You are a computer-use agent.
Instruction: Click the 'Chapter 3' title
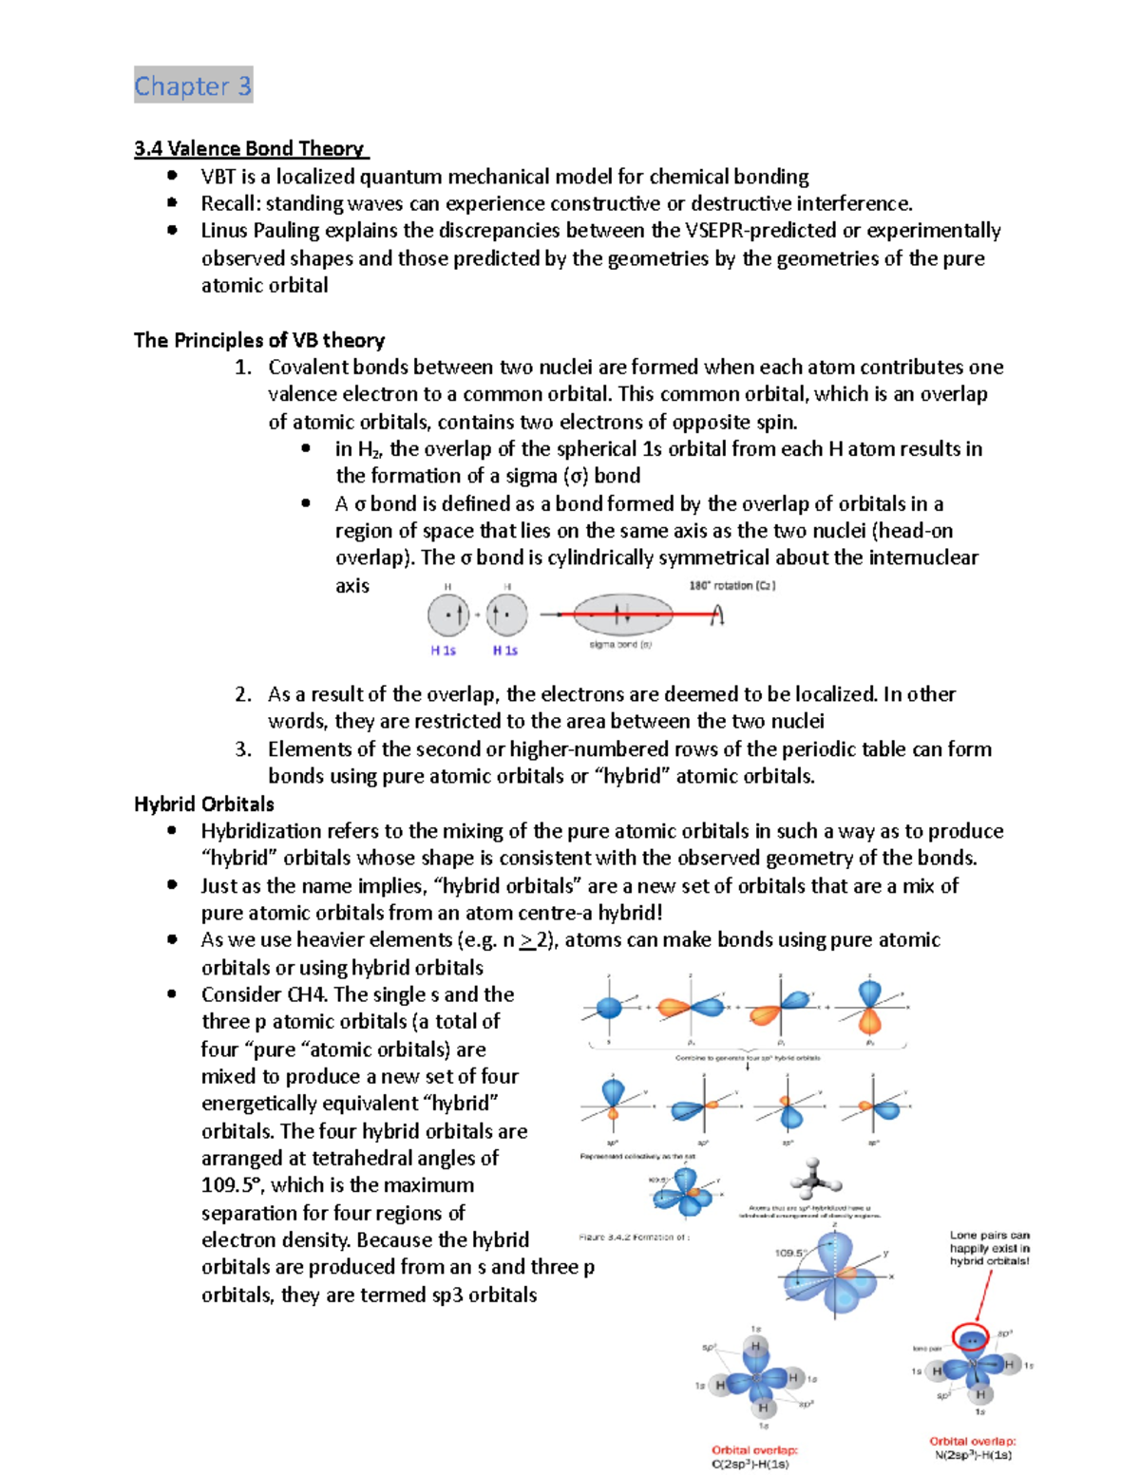click(x=193, y=86)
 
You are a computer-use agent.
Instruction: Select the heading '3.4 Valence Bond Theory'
click(x=250, y=148)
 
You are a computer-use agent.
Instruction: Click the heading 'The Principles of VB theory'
click(x=259, y=340)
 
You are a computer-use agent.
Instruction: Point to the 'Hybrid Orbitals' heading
click(x=204, y=804)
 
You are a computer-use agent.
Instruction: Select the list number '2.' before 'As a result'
click(x=243, y=694)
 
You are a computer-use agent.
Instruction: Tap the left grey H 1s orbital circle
click(x=448, y=615)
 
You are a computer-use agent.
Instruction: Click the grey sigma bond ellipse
click(x=622, y=615)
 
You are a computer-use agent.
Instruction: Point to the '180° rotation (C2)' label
click(x=731, y=586)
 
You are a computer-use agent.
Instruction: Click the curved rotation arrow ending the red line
click(x=717, y=615)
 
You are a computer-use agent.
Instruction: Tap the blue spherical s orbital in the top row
click(x=609, y=1008)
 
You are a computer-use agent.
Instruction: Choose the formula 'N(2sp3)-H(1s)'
click(x=973, y=1454)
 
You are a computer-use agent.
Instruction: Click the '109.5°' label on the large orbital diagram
click(x=789, y=1253)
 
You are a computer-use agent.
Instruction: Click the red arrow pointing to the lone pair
click(x=983, y=1295)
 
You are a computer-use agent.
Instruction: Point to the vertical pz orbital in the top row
click(x=870, y=1007)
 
